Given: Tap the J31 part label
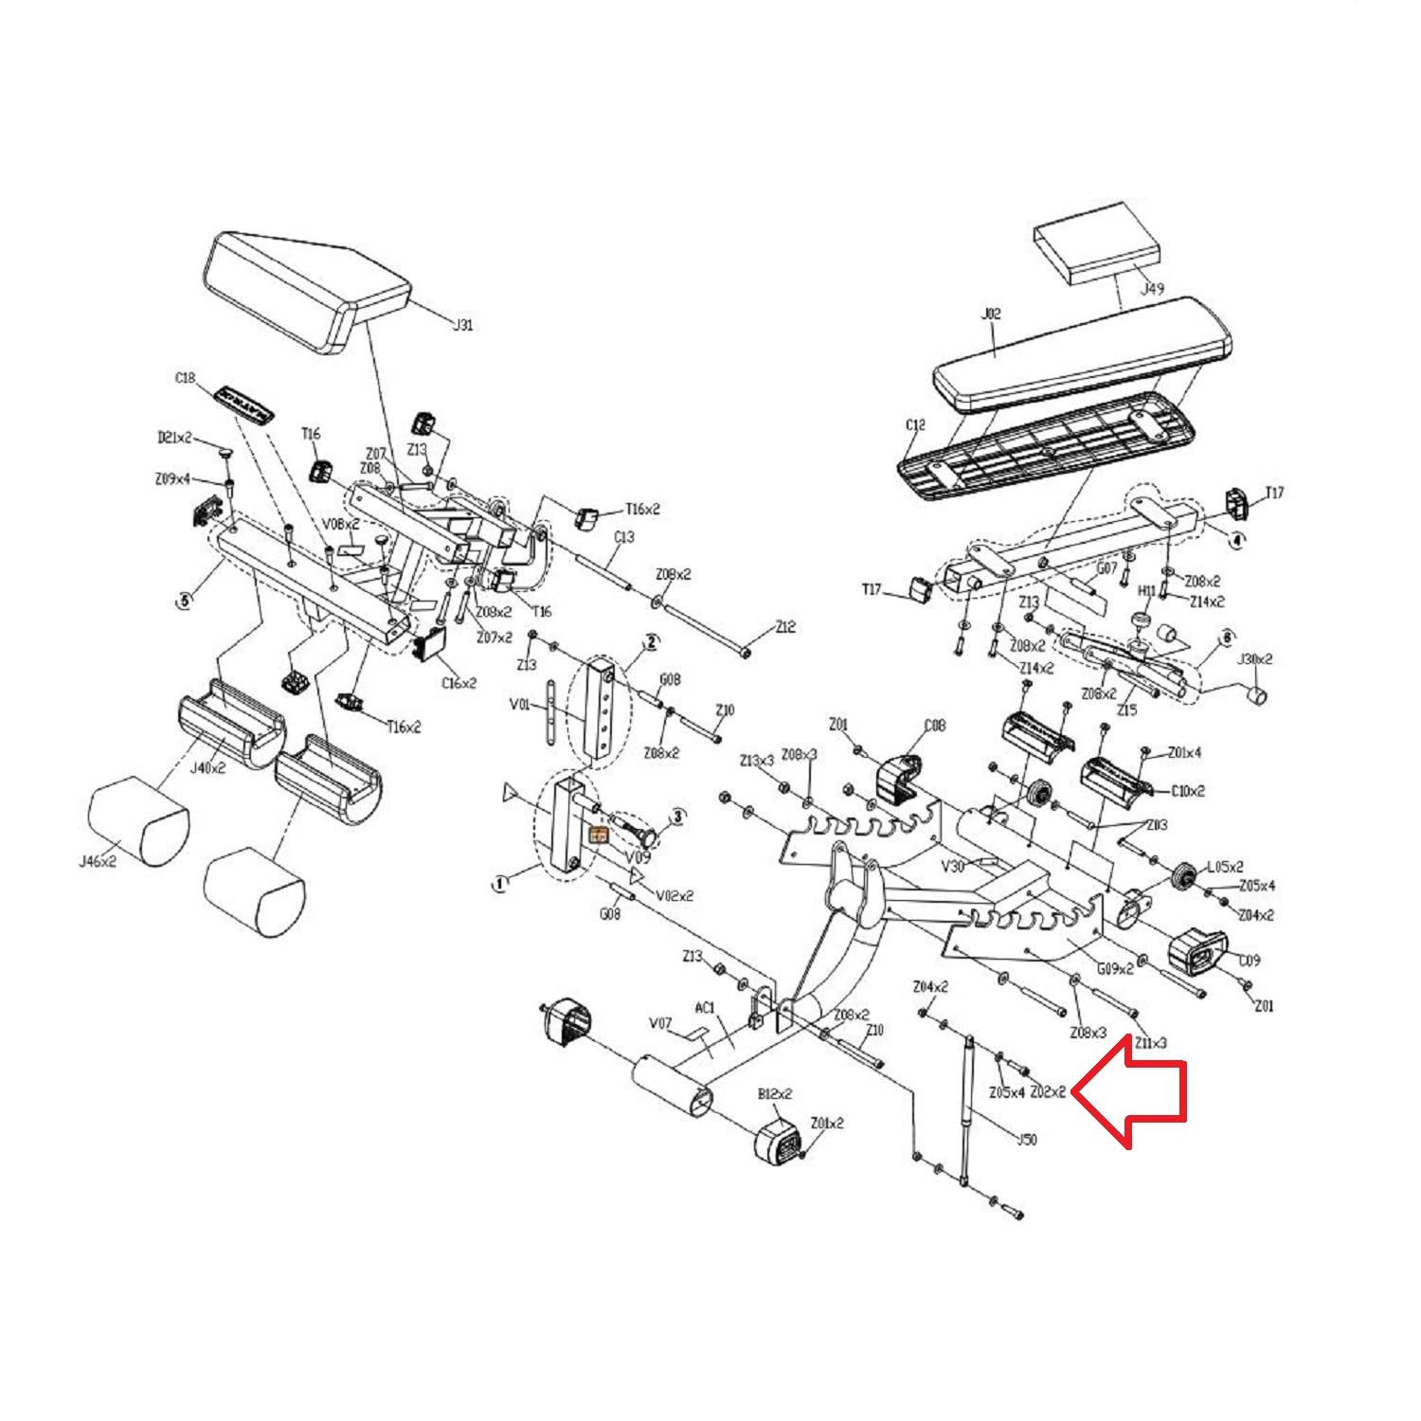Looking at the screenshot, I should click(461, 325).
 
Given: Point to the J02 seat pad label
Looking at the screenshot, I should click(990, 314).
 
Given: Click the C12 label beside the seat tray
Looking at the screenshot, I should click(914, 425).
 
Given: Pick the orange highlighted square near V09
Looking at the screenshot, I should click(599, 835).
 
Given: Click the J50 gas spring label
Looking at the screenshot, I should click(1025, 1139).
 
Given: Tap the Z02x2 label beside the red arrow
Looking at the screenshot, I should click(1048, 1091).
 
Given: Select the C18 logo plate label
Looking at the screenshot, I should click(185, 378).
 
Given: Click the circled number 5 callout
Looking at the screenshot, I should click(184, 599).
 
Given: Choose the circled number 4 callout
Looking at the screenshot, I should click(1235, 540).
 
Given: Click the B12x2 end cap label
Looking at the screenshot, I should click(775, 1094).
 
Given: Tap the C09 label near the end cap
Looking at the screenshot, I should click(1250, 960).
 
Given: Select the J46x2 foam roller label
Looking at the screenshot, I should click(97, 862).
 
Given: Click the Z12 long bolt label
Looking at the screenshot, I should click(785, 626).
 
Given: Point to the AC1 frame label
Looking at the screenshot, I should click(704, 1007).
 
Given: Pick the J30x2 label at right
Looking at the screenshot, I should click(1255, 658).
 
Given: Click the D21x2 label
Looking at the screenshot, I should click(173, 438).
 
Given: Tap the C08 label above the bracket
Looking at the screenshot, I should click(934, 726).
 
